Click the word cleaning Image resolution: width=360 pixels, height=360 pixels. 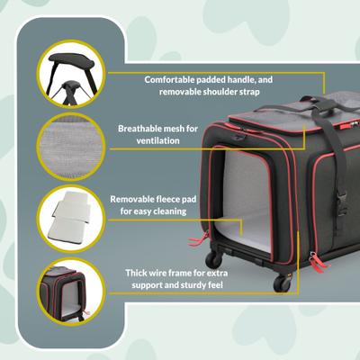(x=166, y=211)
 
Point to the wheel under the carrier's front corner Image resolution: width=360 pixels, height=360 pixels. (x=281, y=283)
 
